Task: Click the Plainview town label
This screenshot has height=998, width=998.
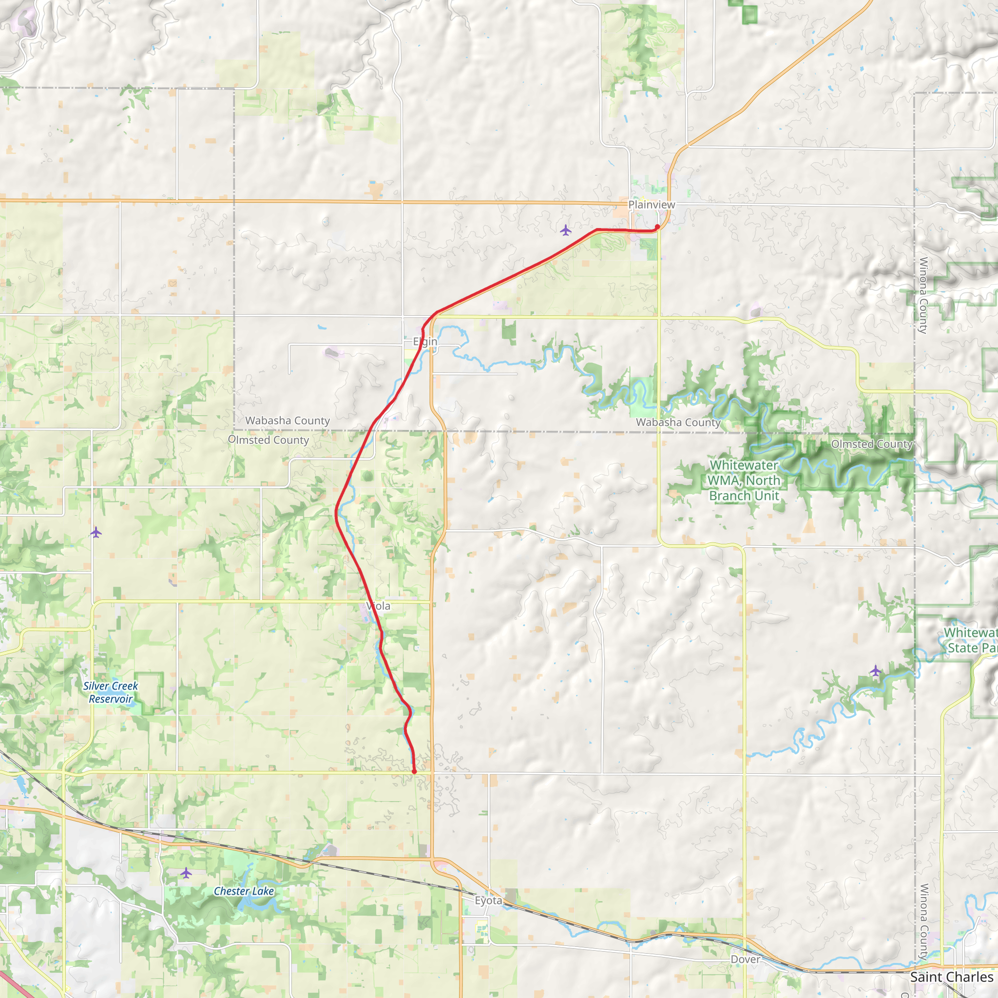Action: pyautogui.click(x=652, y=205)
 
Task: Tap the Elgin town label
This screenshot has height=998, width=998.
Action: pyautogui.click(x=424, y=342)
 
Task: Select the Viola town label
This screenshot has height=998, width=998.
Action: pyautogui.click(x=378, y=606)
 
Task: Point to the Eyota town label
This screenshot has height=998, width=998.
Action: pyautogui.click(x=488, y=901)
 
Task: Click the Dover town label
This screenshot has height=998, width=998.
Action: pyautogui.click(x=745, y=959)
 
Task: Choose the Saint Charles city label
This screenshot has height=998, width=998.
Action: pyautogui.click(x=952, y=978)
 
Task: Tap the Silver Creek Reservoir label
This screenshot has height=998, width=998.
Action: pyautogui.click(x=111, y=692)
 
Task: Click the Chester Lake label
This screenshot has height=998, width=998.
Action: pyautogui.click(x=244, y=891)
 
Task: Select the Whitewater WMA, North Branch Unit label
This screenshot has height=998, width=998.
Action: pyautogui.click(x=744, y=480)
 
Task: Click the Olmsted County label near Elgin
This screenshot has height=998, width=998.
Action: pyautogui.click(x=269, y=440)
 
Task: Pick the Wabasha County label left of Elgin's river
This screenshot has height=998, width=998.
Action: pyautogui.click(x=287, y=421)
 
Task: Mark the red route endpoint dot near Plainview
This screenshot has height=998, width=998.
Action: pyautogui.click(x=657, y=227)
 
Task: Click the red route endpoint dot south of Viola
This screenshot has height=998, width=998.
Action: pyautogui.click(x=414, y=771)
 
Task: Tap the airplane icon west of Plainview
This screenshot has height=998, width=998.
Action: pyautogui.click(x=566, y=230)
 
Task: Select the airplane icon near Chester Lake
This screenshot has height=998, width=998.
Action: pyautogui.click(x=186, y=873)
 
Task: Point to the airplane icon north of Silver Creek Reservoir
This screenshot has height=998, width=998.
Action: pyautogui.click(x=96, y=532)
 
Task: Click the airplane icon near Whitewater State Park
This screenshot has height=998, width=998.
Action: pyautogui.click(x=875, y=671)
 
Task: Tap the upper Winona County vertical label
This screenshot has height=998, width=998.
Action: pyautogui.click(x=923, y=295)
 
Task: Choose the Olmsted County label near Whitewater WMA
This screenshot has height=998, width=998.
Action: pyautogui.click(x=871, y=444)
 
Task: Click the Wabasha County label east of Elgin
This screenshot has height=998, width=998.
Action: pyautogui.click(x=678, y=422)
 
